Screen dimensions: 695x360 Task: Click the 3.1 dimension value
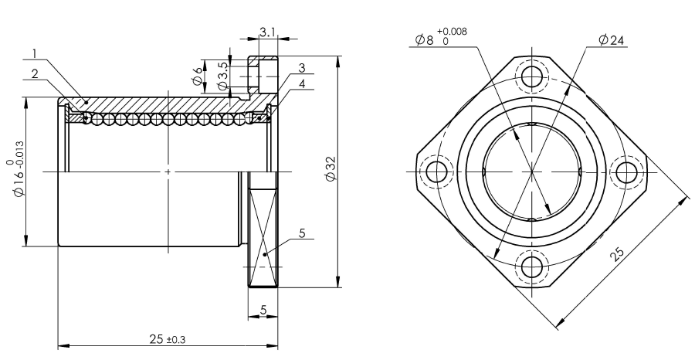coord(268,32)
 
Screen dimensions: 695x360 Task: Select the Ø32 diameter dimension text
coord(331,168)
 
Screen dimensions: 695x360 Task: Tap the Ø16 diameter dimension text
coord(16,168)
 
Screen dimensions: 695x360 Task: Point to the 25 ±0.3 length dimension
coord(167,339)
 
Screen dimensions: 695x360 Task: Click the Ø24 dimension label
coord(612,40)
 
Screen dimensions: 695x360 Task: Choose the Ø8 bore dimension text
coord(441,37)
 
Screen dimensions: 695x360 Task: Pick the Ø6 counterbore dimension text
coord(198,76)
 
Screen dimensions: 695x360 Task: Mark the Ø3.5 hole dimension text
coord(223,76)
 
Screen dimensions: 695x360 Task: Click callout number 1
coord(35,53)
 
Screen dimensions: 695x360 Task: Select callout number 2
coord(35,73)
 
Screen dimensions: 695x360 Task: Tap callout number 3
coord(302,68)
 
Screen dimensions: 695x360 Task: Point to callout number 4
coord(302,83)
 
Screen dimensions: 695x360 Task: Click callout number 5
coord(302,233)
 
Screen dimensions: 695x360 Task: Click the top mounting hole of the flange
coord(532,76)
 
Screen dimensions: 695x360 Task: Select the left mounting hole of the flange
coord(436,172)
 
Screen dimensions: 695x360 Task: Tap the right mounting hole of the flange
coord(627,172)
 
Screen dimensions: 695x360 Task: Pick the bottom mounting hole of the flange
coord(532,267)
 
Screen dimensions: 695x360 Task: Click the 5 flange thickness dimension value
coord(263,310)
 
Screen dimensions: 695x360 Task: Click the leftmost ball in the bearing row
coord(85,118)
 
